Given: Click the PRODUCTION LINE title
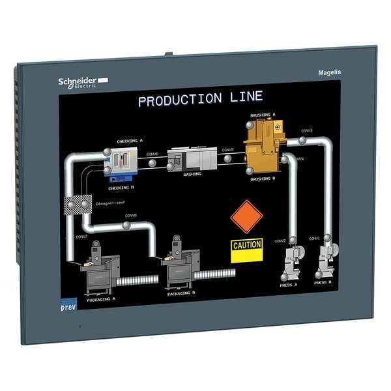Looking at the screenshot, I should click(x=200, y=99).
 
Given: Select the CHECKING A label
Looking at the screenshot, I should click(x=130, y=140).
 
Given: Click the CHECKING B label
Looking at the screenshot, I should click(x=121, y=188).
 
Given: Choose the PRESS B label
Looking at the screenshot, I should click(x=324, y=283).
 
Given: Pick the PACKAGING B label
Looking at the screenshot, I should click(x=181, y=293).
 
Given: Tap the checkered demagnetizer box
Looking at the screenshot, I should click(x=76, y=207).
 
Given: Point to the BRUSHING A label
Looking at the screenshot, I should click(x=263, y=115).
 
